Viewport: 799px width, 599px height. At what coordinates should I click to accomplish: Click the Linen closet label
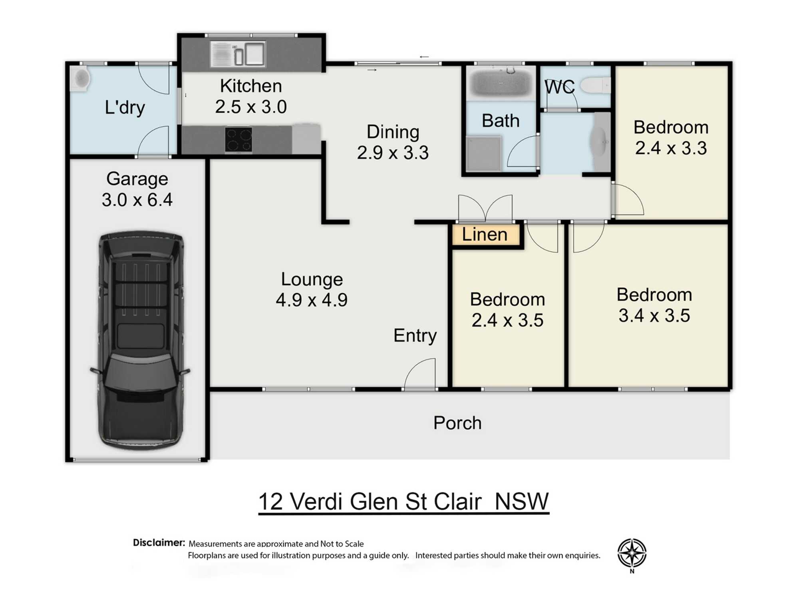485,234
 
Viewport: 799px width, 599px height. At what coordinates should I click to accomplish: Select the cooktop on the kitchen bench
239,140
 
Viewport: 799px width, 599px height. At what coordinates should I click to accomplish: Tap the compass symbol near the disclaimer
632,553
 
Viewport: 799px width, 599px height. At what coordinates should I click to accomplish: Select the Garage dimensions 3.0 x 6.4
137,200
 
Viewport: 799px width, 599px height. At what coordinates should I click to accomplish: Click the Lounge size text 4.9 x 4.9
312,300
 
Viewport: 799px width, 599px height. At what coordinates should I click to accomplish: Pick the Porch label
457,423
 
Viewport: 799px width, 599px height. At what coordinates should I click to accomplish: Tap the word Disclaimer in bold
159,543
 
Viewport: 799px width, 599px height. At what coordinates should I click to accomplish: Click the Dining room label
393,132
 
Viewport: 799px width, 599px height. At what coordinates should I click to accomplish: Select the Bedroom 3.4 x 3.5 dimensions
654,315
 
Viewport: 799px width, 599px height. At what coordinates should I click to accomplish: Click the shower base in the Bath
483,153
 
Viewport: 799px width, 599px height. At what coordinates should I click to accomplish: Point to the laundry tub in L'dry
81,79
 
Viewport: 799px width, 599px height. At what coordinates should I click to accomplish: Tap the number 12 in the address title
270,502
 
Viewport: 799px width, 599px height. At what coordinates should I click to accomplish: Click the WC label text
559,87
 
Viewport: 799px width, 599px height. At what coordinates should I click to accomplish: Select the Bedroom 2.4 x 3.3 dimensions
671,148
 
